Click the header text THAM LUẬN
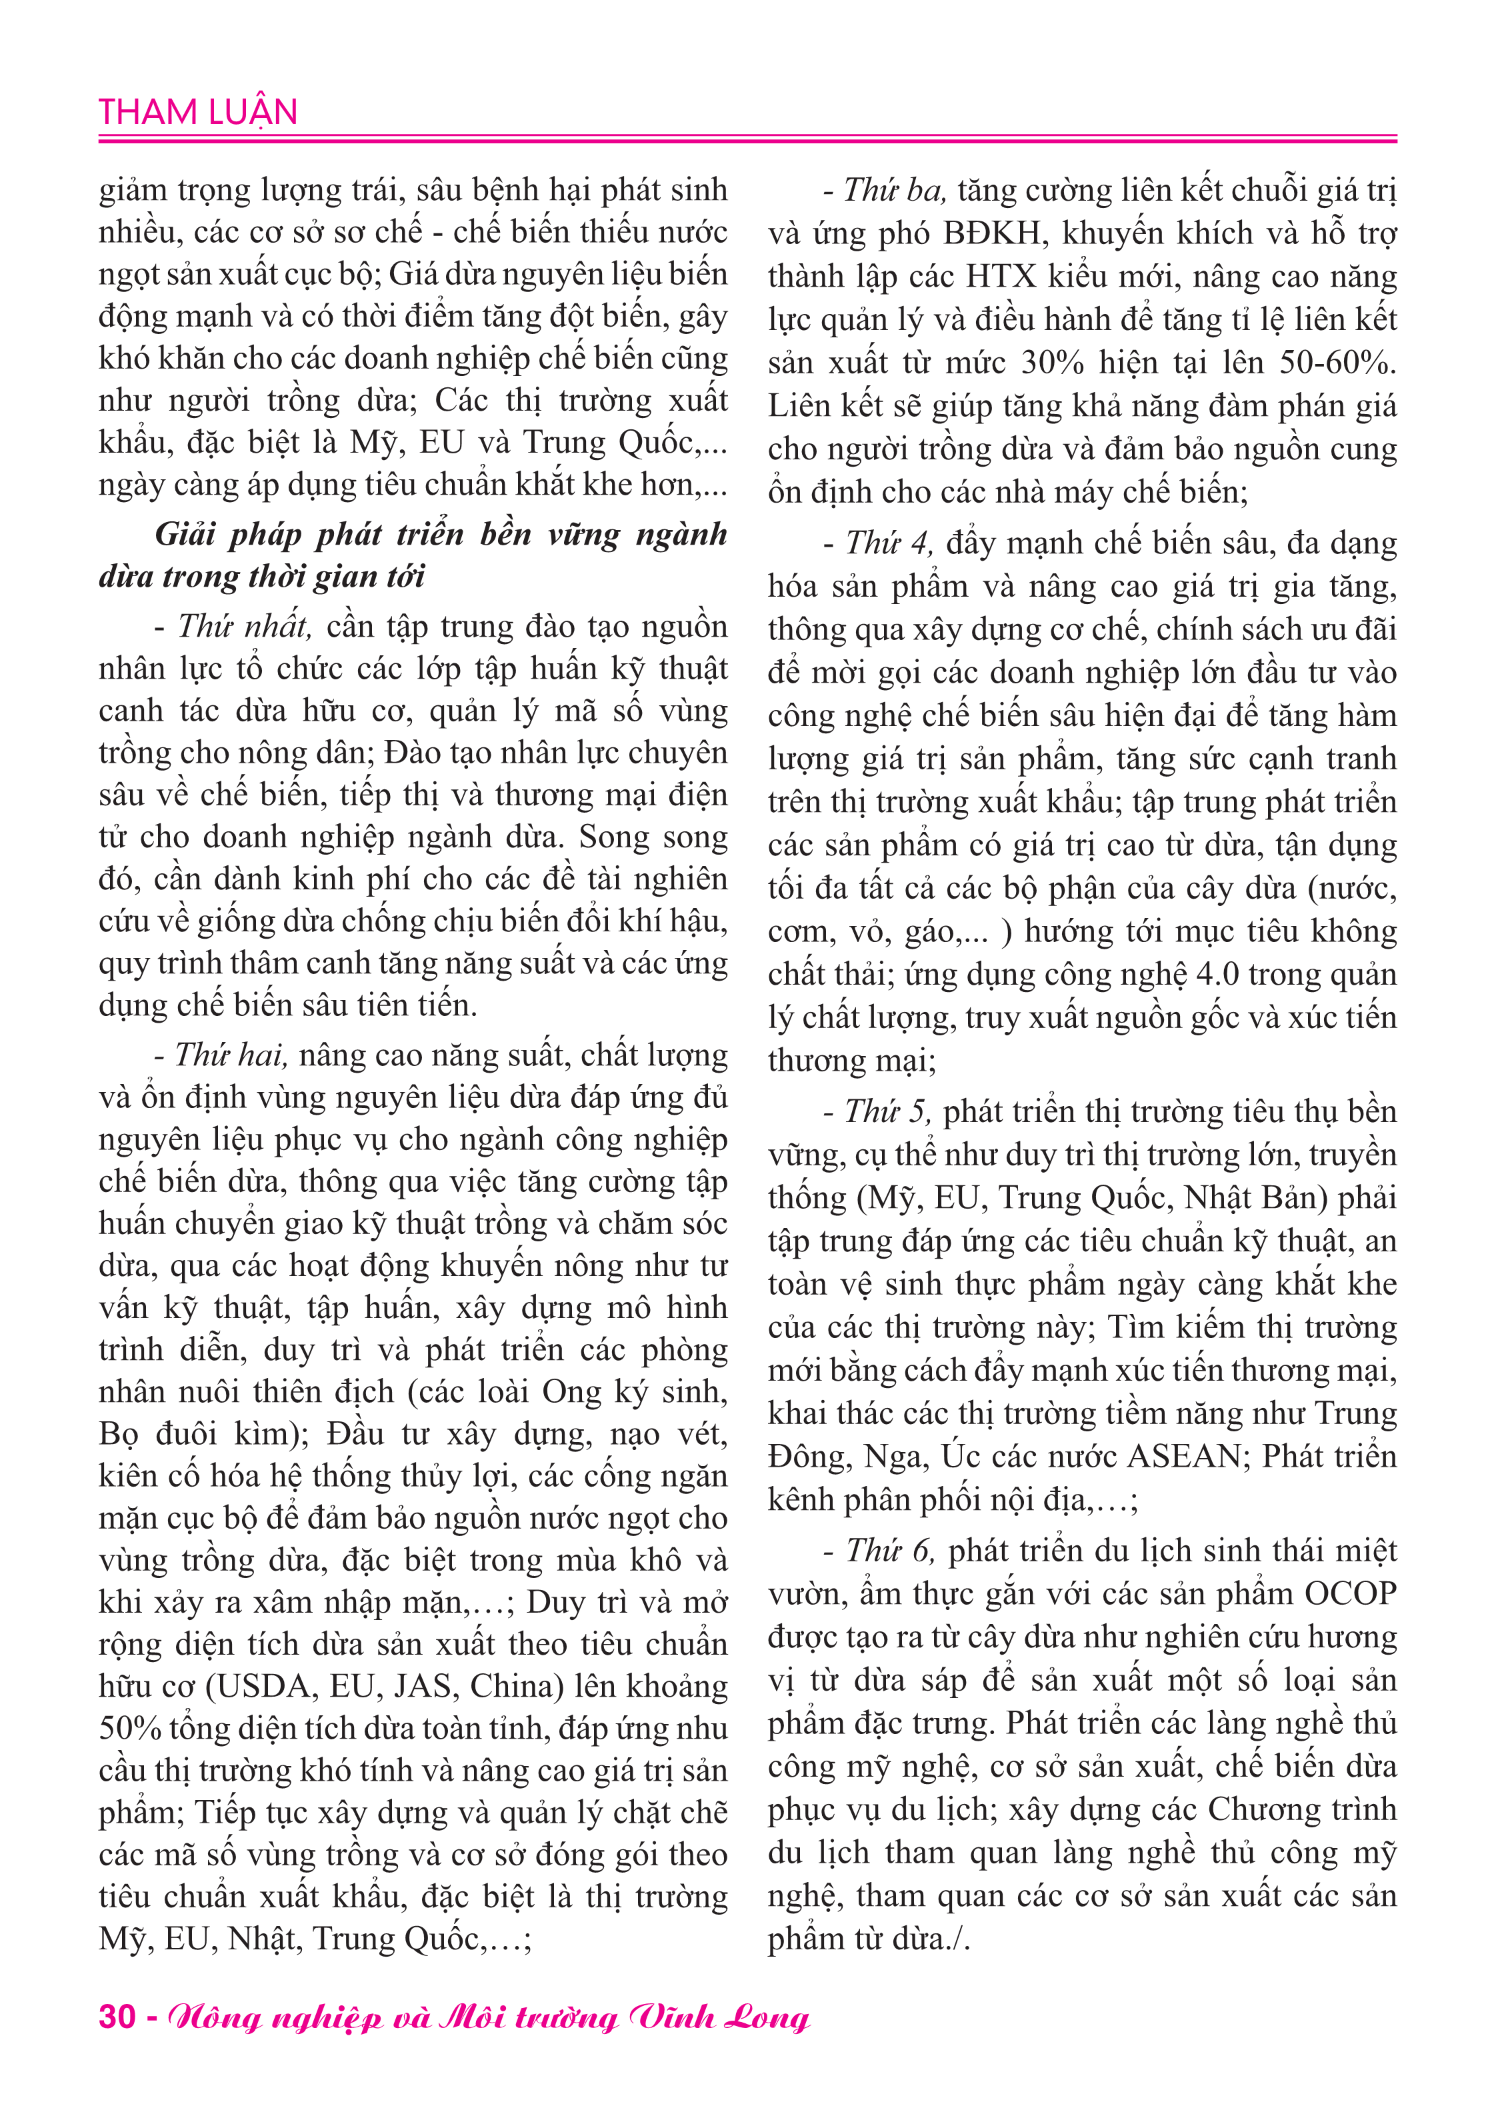(198, 112)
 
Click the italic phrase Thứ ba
(893, 190)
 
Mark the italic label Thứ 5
(887, 1111)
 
